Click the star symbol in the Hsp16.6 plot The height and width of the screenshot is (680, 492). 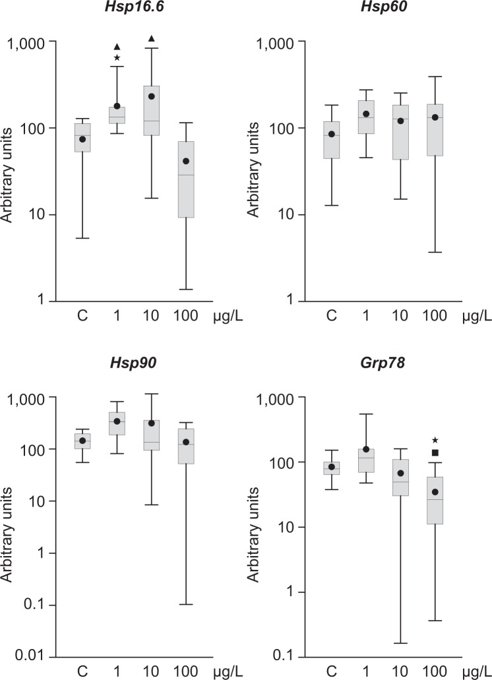pos(117,58)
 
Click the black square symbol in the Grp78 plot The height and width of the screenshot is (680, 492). pos(435,452)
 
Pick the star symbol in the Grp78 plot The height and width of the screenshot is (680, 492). pos(435,440)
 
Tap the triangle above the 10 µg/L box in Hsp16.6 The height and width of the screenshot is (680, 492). pos(152,38)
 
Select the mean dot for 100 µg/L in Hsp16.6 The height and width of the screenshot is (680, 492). pos(186,161)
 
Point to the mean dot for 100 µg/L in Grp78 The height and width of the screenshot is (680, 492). pos(435,492)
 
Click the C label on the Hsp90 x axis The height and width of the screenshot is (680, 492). pos(82,671)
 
